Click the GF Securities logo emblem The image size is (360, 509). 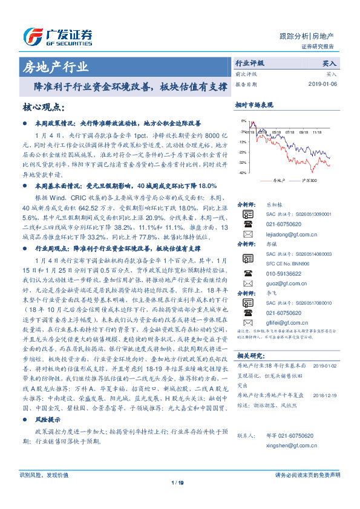click(32, 36)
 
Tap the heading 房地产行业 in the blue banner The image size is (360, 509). click(55, 66)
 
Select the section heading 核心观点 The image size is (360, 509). click(44, 108)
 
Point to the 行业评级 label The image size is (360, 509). click(249, 63)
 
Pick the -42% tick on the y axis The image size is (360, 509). click(242, 173)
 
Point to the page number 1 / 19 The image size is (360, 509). click(177, 482)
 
